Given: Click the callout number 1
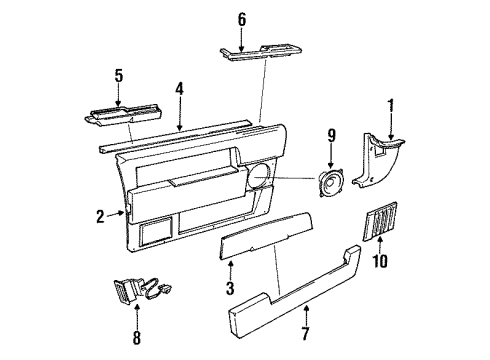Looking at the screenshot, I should [x=391, y=103].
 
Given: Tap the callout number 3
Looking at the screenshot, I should [x=231, y=289].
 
